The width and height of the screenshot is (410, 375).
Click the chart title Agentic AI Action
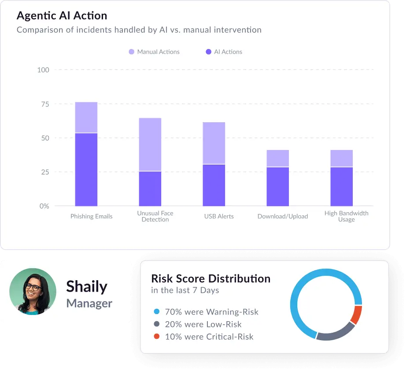click(x=62, y=16)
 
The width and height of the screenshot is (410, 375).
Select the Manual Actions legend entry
click(x=154, y=52)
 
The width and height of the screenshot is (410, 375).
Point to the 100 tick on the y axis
click(x=43, y=70)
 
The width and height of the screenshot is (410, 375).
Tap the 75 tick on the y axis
click(x=44, y=104)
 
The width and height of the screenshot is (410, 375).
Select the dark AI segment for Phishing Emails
click(x=86, y=170)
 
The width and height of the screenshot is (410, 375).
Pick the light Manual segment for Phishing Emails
click(x=86, y=117)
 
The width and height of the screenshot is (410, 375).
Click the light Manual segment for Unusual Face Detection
click(x=150, y=144)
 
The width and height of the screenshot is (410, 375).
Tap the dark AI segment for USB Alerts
click(x=214, y=185)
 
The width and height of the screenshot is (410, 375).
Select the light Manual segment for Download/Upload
click(x=278, y=158)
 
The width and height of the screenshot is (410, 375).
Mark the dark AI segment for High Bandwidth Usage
click(x=342, y=187)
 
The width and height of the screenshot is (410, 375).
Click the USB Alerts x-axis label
click(x=219, y=217)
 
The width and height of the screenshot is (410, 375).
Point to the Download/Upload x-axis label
click(x=283, y=217)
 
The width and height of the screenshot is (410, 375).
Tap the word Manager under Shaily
click(x=89, y=304)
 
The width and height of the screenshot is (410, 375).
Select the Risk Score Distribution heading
click(x=211, y=279)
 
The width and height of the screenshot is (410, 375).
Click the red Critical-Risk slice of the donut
click(x=357, y=315)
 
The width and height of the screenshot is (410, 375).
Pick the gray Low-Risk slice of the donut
click(x=336, y=333)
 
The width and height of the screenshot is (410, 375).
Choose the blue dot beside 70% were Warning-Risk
click(x=156, y=312)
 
